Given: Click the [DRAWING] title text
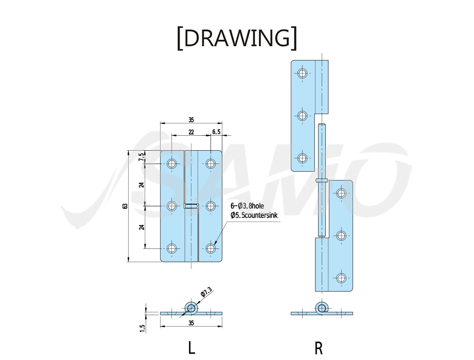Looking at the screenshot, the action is pos(237,38).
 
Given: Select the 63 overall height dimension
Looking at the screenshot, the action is pos(125,206).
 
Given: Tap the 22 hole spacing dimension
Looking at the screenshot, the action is pos(191,132).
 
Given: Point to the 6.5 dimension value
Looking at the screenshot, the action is pos(217,132).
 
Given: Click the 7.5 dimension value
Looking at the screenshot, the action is pos(141,157).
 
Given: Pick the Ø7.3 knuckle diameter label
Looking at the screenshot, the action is pos(206,292).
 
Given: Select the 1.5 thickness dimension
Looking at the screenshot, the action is pos(143,328).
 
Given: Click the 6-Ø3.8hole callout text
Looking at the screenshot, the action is pos(247,206).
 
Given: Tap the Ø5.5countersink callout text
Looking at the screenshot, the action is pos(254,215).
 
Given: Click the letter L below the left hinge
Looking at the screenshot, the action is pos(191,348).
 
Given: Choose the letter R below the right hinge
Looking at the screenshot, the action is pos(319,348).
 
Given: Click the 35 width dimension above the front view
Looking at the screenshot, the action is pos(191,120).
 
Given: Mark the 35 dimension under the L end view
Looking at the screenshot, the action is pos(191,323).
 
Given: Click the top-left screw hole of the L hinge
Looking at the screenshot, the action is pos(172,164).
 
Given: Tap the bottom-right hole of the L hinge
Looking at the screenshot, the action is pos(210,248).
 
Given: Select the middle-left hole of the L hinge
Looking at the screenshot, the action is pos(172,206).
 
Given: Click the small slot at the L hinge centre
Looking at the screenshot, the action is pos(191,206).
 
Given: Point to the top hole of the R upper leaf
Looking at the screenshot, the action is pos(302,73).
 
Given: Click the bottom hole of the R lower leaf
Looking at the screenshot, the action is pos(341,278).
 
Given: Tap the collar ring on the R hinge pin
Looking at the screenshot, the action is pos(322,181).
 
